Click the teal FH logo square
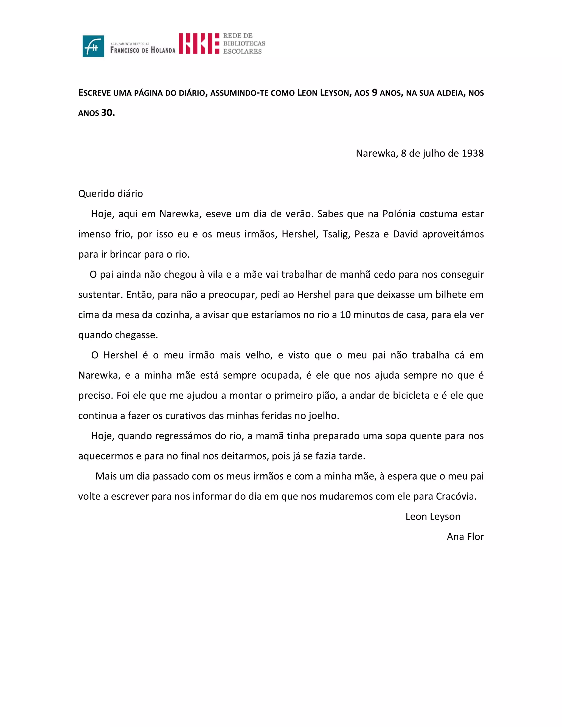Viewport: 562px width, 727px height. (93, 46)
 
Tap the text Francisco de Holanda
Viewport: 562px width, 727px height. (142, 50)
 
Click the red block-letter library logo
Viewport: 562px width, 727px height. (199, 43)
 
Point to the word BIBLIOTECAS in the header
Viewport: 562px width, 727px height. (244, 43)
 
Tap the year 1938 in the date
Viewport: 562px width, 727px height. (473, 153)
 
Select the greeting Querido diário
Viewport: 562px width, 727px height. (111, 194)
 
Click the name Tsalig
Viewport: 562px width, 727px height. (336, 234)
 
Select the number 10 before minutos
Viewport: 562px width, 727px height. (345, 315)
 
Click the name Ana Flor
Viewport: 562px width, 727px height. (465, 537)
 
